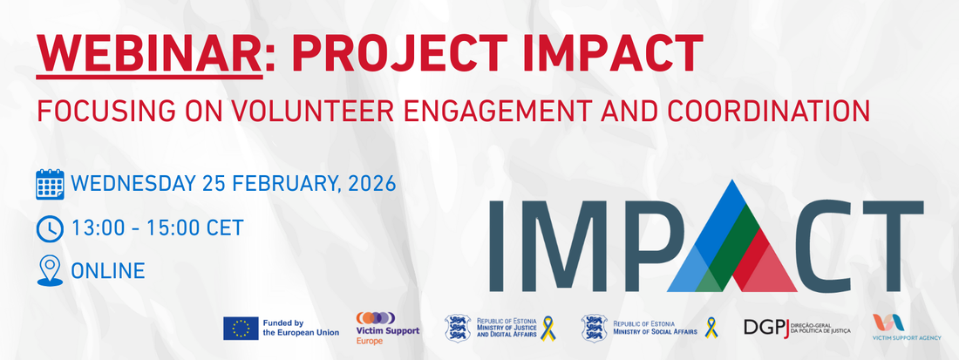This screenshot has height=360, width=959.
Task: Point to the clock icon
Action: coord(50,229)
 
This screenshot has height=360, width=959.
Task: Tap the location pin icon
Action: coord(50,271)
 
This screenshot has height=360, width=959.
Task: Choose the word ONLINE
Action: coord(108,271)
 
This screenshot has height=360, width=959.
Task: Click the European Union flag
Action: coord(241,329)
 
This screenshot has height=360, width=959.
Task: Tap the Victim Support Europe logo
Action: coord(388,329)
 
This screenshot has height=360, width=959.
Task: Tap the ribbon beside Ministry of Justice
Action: coord(548,329)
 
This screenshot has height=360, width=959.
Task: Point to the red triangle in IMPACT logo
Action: coord(764,260)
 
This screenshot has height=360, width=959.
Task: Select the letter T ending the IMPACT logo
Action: coord(889,246)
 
